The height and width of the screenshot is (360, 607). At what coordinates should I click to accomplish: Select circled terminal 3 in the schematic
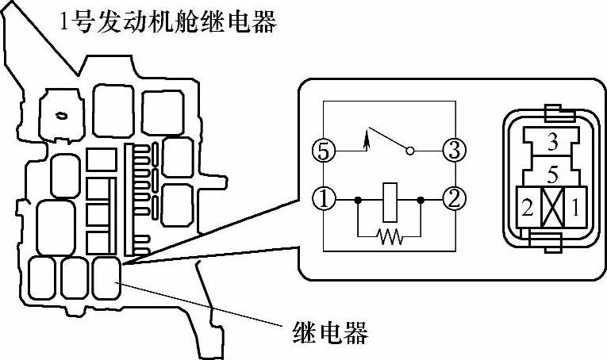pyautogui.click(x=453, y=150)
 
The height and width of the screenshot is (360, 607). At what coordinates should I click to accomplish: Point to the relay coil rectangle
pyautogui.click(x=390, y=201)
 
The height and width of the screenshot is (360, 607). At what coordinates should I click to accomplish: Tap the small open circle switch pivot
pyautogui.click(x=409, y=150)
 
